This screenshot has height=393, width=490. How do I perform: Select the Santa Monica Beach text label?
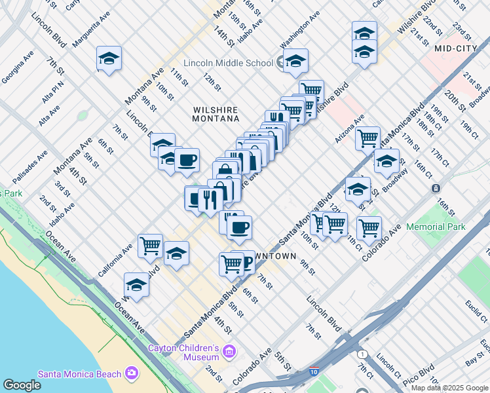pyautogui.click(x=79, y=374)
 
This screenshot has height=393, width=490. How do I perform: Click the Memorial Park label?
pyautogui.click(x=436, y=227)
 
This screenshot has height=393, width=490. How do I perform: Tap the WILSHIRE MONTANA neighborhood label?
pyautogui.click(x=215, y=114)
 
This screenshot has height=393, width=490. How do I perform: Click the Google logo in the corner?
pyautogui.click(x=22, y=385)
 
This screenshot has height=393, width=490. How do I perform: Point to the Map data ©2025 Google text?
pyautogui.click(x=449, y=387)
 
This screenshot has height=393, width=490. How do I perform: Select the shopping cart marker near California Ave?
pyautogui.click(x=151, y=246)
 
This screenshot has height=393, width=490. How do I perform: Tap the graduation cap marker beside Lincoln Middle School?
pyautogui.click(x=295, y=62)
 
